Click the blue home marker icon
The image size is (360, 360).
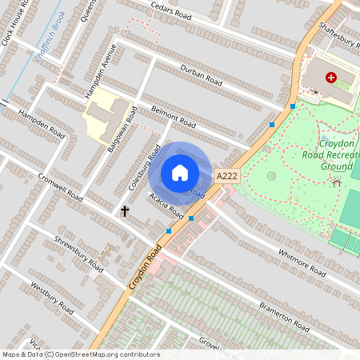pyautogui.click(x=180, y=173)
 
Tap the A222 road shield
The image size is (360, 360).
pyautogui.click(x=227, y=175)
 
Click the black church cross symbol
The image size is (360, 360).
pyautogui.click(x=125, y=211)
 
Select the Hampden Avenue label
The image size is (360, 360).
pyautogui.click(x=102, y=70)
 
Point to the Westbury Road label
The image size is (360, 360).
pyautogui.click(x=52, y=298)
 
